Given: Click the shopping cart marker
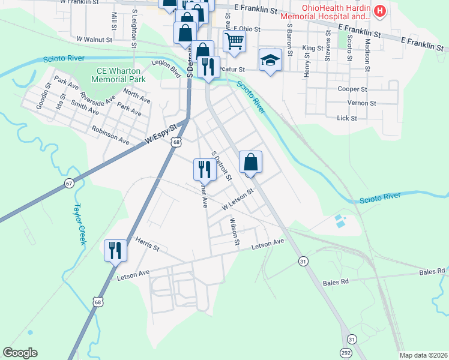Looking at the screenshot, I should (x=234, y=41).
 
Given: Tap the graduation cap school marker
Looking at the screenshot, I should (x=270, y=60).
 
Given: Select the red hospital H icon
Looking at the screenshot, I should (x=379, y=11).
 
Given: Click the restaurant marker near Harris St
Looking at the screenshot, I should (x=115, y=250).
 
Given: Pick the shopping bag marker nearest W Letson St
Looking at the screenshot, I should (x=250, y=162).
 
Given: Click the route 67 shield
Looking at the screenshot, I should (x=69, y=183).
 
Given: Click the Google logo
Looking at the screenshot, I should (x=20, y=353).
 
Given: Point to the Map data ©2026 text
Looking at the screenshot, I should (x=423, y=355).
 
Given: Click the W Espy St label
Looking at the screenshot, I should (x=162, y=134).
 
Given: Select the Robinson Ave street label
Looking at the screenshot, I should (x=110, y=136).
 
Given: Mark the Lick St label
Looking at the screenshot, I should (x=347, y=118).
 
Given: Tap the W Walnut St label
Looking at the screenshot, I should (x=95, y=39).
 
